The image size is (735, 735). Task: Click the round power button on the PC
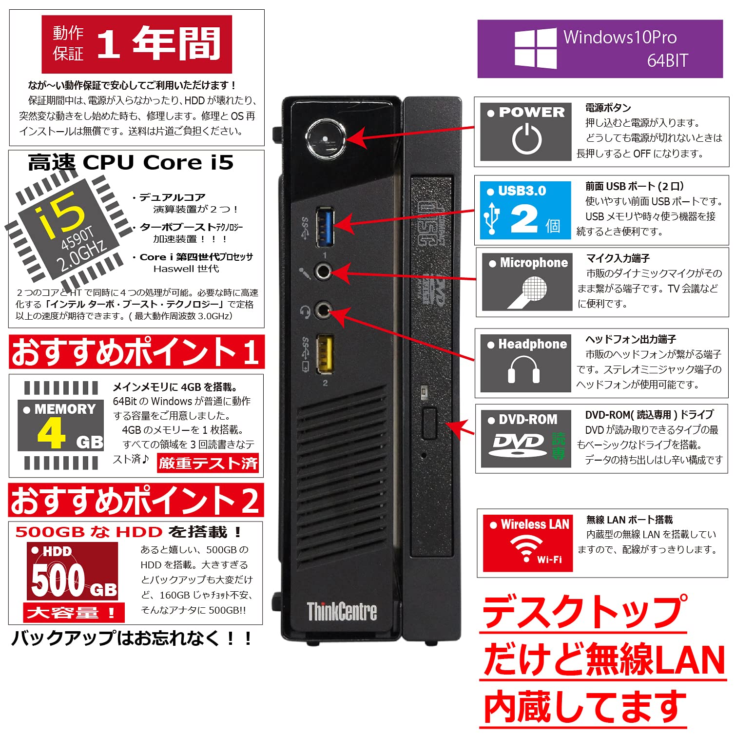[326, 139]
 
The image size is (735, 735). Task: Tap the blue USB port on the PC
[325, 227]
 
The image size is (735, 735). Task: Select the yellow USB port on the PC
[325, 352]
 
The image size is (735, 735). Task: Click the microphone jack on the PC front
[322, 271]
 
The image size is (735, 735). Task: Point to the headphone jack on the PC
[322, 309]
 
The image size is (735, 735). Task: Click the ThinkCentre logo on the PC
[342, 611]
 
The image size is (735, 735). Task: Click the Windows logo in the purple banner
[535, 48]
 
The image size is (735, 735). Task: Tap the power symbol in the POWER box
[526, 139]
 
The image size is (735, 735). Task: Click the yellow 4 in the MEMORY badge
[51, 433]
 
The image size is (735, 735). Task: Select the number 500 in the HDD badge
[58, 580]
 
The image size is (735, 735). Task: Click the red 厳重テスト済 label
[208, 463]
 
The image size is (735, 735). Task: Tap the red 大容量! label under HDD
[73, 612]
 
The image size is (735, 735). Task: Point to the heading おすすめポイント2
[135, 500]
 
